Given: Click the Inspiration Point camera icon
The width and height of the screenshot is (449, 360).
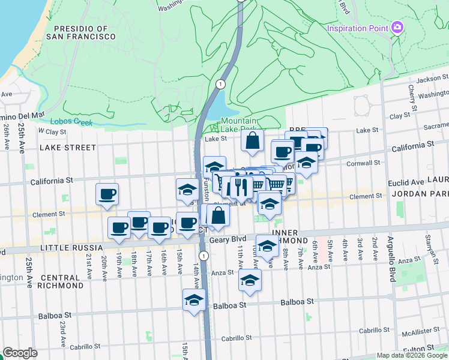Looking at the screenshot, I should pyautogui.click(x=396, y=28).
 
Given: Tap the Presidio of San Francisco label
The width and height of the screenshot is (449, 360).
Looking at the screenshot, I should pyautogui.click(x=84, y=32).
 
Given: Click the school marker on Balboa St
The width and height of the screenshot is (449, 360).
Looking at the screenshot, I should pyautogui.click(x=194, y=300).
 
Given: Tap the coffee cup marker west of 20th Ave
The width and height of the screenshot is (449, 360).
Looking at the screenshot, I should pyautogui.click(x=107, y=194).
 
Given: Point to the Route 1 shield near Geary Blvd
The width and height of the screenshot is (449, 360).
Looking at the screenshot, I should pyautogui.click(x=204, y=256).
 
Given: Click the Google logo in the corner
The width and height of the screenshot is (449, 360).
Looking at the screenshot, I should pyautogui.click(x=20, y=353).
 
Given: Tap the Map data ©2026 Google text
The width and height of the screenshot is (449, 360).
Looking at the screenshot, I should pyautogui.click(x=412, y=355).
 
